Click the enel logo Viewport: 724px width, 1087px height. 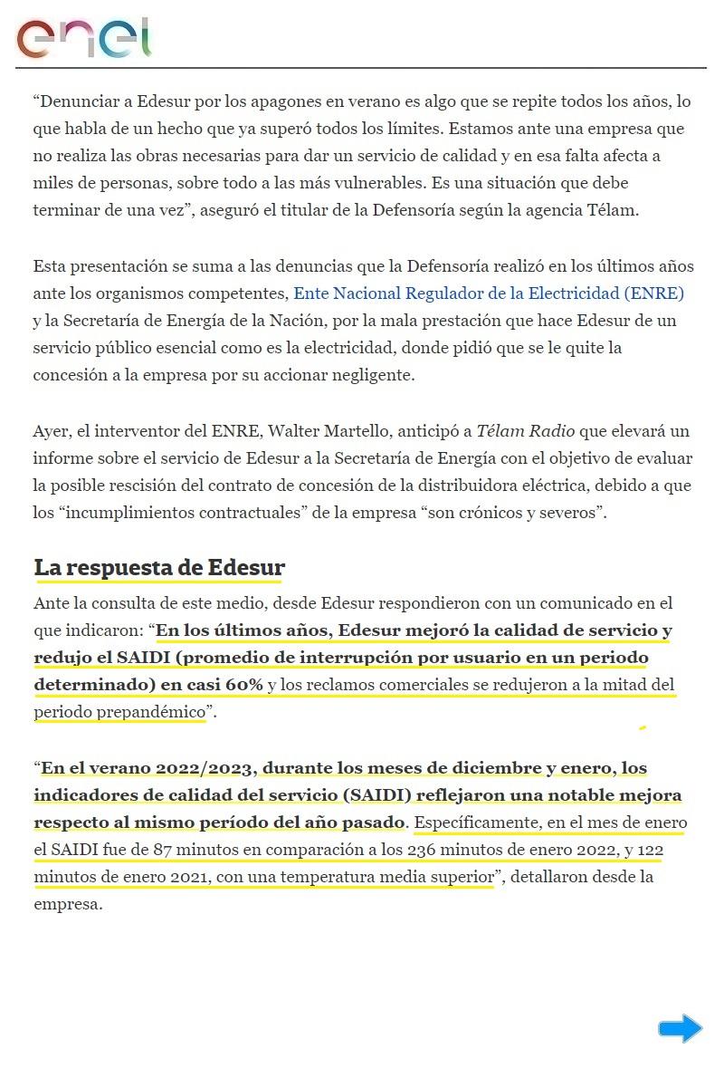tap(83, 37)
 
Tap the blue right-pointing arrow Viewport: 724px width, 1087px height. tap(680, 1028)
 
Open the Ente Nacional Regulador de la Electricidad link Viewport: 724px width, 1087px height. tap(489, 293)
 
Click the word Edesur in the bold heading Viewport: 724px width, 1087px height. tap(246, 568)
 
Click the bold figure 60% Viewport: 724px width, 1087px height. tap(238, 685)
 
